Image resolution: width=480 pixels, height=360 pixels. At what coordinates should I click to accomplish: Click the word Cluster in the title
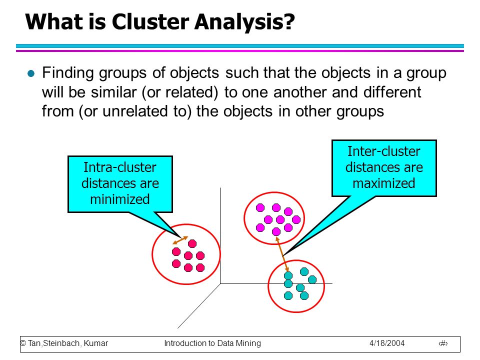[150, 22]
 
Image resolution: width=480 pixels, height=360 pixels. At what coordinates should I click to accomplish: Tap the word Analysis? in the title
[244, 22]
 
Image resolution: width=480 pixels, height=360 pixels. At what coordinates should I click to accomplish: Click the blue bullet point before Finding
[31, 73]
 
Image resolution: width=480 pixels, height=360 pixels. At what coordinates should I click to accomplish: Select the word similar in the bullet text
[114, 92]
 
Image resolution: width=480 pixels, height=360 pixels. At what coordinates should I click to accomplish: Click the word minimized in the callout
[120, 199]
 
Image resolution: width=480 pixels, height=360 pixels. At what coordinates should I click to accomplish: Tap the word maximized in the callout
[384, 183]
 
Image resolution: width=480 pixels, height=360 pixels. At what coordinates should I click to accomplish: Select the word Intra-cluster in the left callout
[120, 167]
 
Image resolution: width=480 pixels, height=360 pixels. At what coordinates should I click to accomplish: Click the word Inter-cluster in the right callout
[384, 151]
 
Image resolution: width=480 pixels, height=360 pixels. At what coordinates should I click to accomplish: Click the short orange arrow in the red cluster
[180, 240]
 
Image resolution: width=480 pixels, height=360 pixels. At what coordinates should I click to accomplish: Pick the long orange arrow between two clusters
[282, 254]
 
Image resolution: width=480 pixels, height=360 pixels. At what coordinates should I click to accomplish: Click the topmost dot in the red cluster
[192, 243]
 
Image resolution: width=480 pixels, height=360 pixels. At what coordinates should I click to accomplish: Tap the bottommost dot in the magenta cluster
[276, 231]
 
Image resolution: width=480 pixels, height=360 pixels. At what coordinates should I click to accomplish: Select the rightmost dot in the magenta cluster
[296, 219]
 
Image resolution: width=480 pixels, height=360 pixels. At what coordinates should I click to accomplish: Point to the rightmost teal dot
[312, 279]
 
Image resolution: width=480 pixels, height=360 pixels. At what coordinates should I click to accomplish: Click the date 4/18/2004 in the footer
[387, 343]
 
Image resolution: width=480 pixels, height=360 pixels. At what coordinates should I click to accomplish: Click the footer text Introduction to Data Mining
[212, 343]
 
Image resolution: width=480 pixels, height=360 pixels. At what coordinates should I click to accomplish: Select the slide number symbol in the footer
[443, 343]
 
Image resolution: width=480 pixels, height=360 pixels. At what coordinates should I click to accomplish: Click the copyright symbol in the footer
[23, 343]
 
